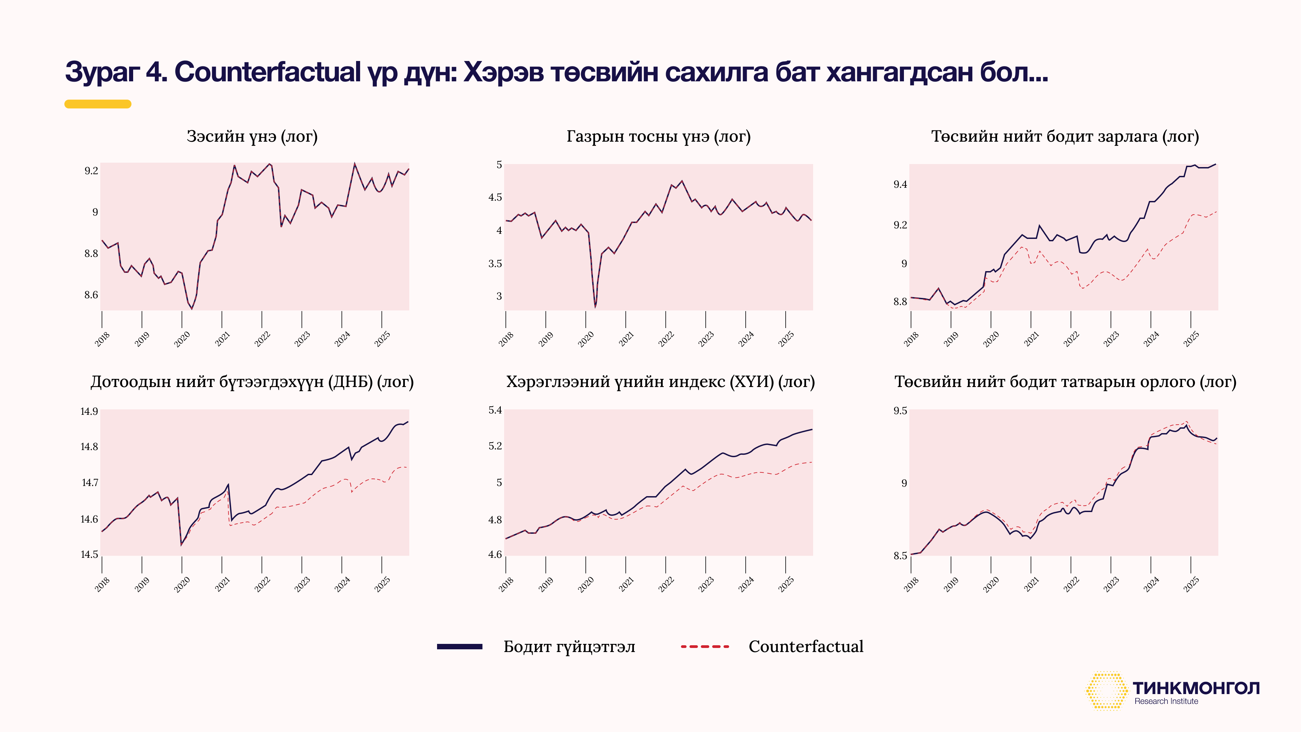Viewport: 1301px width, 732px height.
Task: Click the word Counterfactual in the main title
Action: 267,72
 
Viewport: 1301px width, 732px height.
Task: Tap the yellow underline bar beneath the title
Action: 98,104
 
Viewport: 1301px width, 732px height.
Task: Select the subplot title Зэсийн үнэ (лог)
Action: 252,136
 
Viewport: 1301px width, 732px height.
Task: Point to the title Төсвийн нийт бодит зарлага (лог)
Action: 1065,136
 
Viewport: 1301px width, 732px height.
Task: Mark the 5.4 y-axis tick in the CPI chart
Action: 495,410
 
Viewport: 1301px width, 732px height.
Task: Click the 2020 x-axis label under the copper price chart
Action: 182,339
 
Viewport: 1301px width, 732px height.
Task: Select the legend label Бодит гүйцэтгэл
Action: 569,647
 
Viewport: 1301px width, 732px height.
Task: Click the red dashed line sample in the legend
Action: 705,647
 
